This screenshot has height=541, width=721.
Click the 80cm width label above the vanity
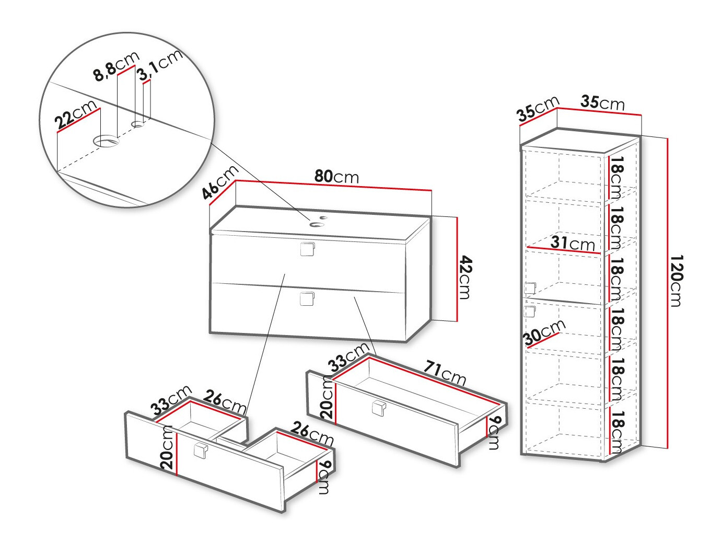[336, 177]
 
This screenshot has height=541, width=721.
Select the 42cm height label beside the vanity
[465, 278]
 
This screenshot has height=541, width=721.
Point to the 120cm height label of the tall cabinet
[676, 281]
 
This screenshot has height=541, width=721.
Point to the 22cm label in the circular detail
[76, 114]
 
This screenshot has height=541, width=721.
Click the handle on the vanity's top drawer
[307, 249]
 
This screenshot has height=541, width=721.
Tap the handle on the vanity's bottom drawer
[307, 298]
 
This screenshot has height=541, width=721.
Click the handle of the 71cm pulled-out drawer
[379, 409]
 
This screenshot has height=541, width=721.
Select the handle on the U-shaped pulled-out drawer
[201, 450]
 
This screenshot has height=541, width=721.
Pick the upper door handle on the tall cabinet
[529, 288]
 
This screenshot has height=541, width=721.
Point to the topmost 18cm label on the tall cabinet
[615, 178]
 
